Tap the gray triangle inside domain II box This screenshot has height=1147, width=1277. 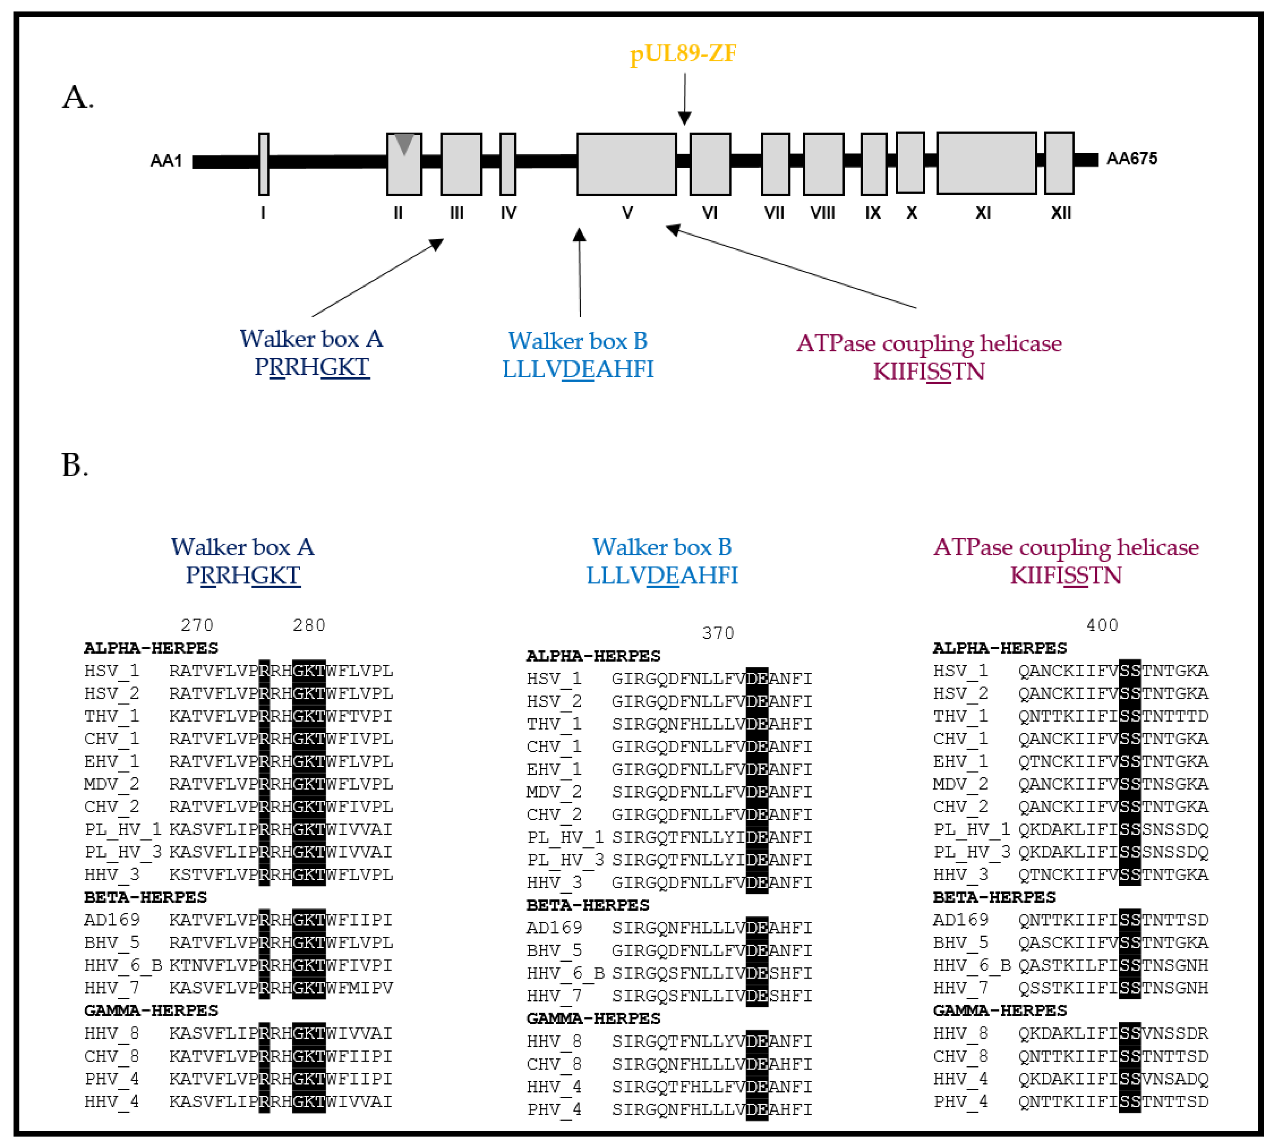click(x=404, y=143)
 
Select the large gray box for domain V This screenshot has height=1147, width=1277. click(x=626, y=164)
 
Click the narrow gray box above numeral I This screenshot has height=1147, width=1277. click(x=264, y=164)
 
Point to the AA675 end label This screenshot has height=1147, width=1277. click(x=1131, y=159)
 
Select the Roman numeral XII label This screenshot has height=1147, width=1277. click(x=1061, y=213)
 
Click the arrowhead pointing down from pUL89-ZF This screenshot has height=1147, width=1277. click(x=685, y=118)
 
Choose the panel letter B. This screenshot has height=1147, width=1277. click(x=74, y=466)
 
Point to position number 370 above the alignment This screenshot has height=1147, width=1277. click(x=718, y=633)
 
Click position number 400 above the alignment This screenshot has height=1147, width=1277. click(x=1102, y=625)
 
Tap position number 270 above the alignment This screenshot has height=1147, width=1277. click(x=197, y=625)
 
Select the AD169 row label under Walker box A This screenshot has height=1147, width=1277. click(x=112, y=920)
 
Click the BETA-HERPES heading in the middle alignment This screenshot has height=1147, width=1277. click(x=588, y=905)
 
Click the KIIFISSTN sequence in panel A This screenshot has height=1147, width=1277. click(x=928, y=372)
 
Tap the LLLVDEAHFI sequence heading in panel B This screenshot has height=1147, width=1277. click(x=662, y=575)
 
